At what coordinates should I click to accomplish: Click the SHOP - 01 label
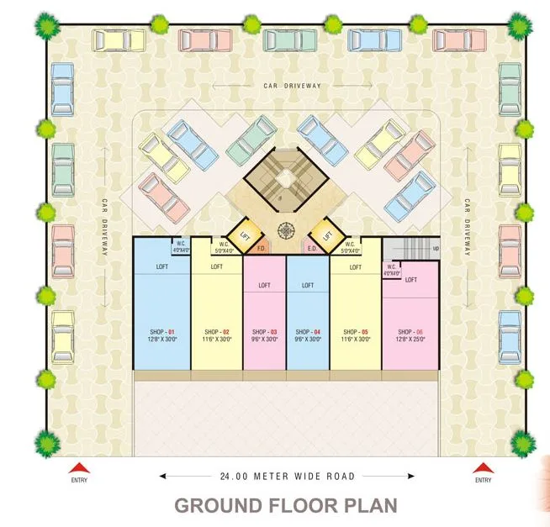click(x=162, y=331)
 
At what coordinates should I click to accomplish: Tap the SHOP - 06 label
click(x=410, y=331)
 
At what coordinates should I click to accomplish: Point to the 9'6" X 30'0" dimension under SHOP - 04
click(x=308, y=339)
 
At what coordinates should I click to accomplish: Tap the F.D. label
click(x=262, y=249)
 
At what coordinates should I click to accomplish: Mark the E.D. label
click(x=311, y=249)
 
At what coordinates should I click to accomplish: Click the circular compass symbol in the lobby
click(x=287, y=229)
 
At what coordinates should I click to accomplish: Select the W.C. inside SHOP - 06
click(x=392, y=269)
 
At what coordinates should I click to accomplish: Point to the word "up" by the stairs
click(x=435, y=250)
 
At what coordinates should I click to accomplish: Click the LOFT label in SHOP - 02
click(x=217, y=267)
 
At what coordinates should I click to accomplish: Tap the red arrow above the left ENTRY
click(x=78, y=467)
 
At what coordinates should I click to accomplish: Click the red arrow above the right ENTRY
click(x=483, y=467)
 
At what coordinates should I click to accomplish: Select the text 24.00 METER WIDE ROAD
click(x=287, y=477)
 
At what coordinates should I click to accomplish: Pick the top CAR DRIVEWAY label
click(x=293, y=86)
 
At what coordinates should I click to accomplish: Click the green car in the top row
click(x=291, y=39)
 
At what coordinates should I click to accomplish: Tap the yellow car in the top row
click(x=119, y=40)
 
